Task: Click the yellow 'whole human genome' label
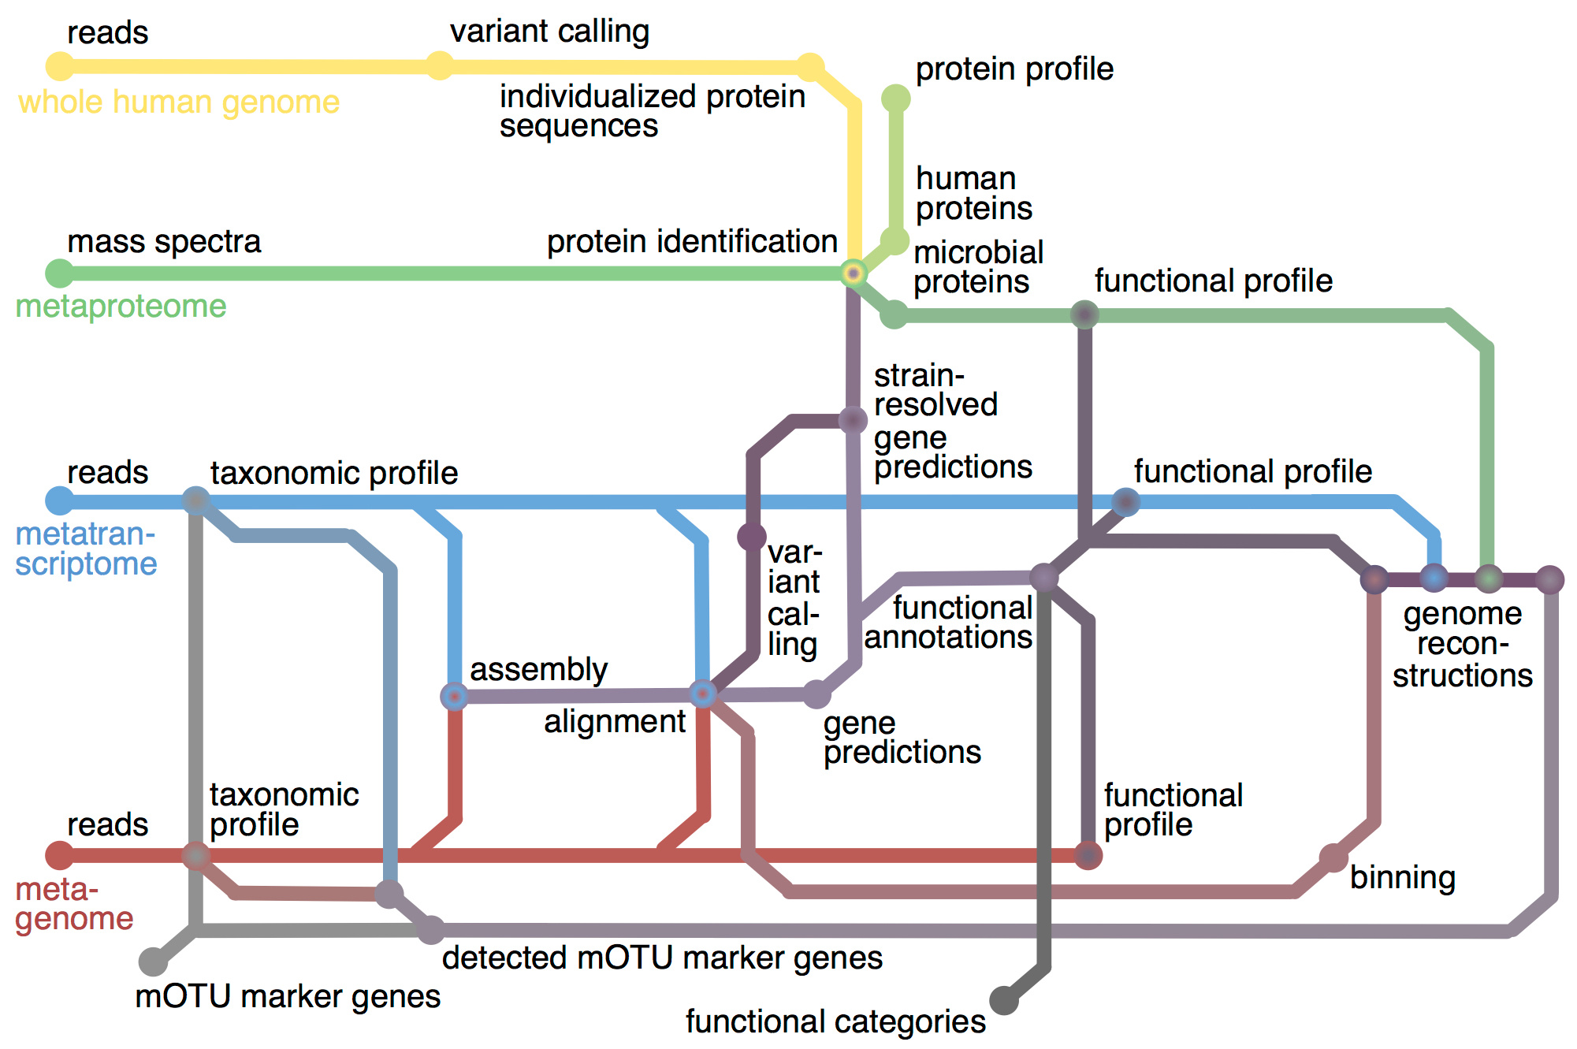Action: pos(179,102)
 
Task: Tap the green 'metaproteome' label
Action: pos(121,306)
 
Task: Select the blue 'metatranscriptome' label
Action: pos(86,549)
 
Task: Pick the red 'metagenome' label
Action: pos(74,904)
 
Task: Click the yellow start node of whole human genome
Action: pos(60,66)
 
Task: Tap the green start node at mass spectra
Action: pos(60,273)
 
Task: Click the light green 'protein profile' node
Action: pos(895,99)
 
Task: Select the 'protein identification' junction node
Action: pos(853,273)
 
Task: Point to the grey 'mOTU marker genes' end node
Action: pos(153,962)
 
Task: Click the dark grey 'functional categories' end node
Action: pos(1004,1000)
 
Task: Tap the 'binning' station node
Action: pos(1333,857)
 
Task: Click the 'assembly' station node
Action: pos(454,696)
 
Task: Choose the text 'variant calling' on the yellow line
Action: pos(549,32)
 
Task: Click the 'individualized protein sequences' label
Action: pos(652,111)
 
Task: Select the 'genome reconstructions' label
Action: pos(1462,644)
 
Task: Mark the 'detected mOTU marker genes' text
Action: pos(662,958)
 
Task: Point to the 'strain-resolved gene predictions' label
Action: pos(952,421)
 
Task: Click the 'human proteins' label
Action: pos(973,193)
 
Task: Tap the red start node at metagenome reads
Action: pos(60,855)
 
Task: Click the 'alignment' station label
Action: pos(615,722)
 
